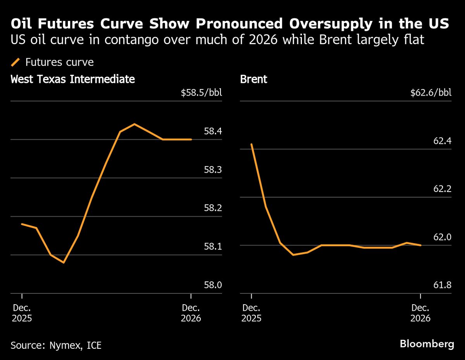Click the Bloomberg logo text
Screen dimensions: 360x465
pyautogui.click(x=427, y=344)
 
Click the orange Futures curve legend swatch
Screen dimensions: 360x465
pyautogui.click(x=16, y=62)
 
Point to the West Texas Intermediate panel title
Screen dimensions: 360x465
pyautogui.click(x=73, y=79)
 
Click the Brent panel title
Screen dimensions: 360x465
pyautogui.click(x=253, y=79)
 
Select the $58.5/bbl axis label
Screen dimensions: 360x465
pyautogui.click(x=201, y=93)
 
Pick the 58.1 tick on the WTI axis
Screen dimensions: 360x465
pyautogui.click(x=213, y=247)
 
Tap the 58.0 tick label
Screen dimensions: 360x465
pyautogui.click(x=213, y=285)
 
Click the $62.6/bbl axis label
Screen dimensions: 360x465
pyautogui.click(x=431, y=93)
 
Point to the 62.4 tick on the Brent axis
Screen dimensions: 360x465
pyautogui.click(x=442, y=141)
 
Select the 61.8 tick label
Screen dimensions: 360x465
pyautogui.click(x=442, y=285)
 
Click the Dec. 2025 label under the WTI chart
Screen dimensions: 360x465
pyautogui.click(x=22, y=313)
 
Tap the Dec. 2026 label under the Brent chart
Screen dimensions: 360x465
pyautogui.click(x=420, y=313)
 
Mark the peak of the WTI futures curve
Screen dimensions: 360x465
pyautogui.click(x=134, y=124)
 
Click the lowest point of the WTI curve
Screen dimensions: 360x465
pyautogui.click(x=64, y=262)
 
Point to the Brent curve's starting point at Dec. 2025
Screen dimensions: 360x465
pyautogui.click(x=252, y=144)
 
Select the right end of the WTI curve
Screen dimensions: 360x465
pyautogui.click(x=191, y=139)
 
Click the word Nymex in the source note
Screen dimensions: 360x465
pyautogui.click(x=62, y=345)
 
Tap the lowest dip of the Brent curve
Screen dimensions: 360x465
pyautogui.click(x=293, y=255)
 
